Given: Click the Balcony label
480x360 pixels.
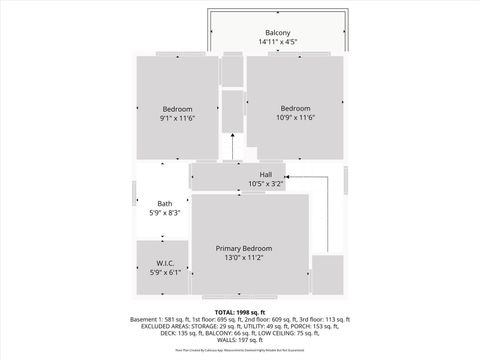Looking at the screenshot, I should (x=278, y=33).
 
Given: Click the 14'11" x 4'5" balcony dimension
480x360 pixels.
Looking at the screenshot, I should (x=278, y=42).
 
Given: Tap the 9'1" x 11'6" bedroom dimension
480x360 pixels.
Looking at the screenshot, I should (x=177, y=118).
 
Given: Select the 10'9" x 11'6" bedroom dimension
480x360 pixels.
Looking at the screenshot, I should (x=295, y=118).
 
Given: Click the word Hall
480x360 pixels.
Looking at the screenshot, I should (x=266, y=174).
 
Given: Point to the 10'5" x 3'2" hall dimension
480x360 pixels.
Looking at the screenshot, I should (x=266, y=183).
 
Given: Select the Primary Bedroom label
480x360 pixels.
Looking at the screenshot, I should (x=244, y=248).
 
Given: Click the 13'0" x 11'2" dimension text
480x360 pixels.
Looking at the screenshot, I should (x=244, y=257).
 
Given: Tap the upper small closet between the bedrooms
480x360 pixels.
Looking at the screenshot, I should (x=232, y=69).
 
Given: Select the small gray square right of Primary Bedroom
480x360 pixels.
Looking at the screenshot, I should (x=327, y=275).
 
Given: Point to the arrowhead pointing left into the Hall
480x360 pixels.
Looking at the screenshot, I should (x=300, y=176).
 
